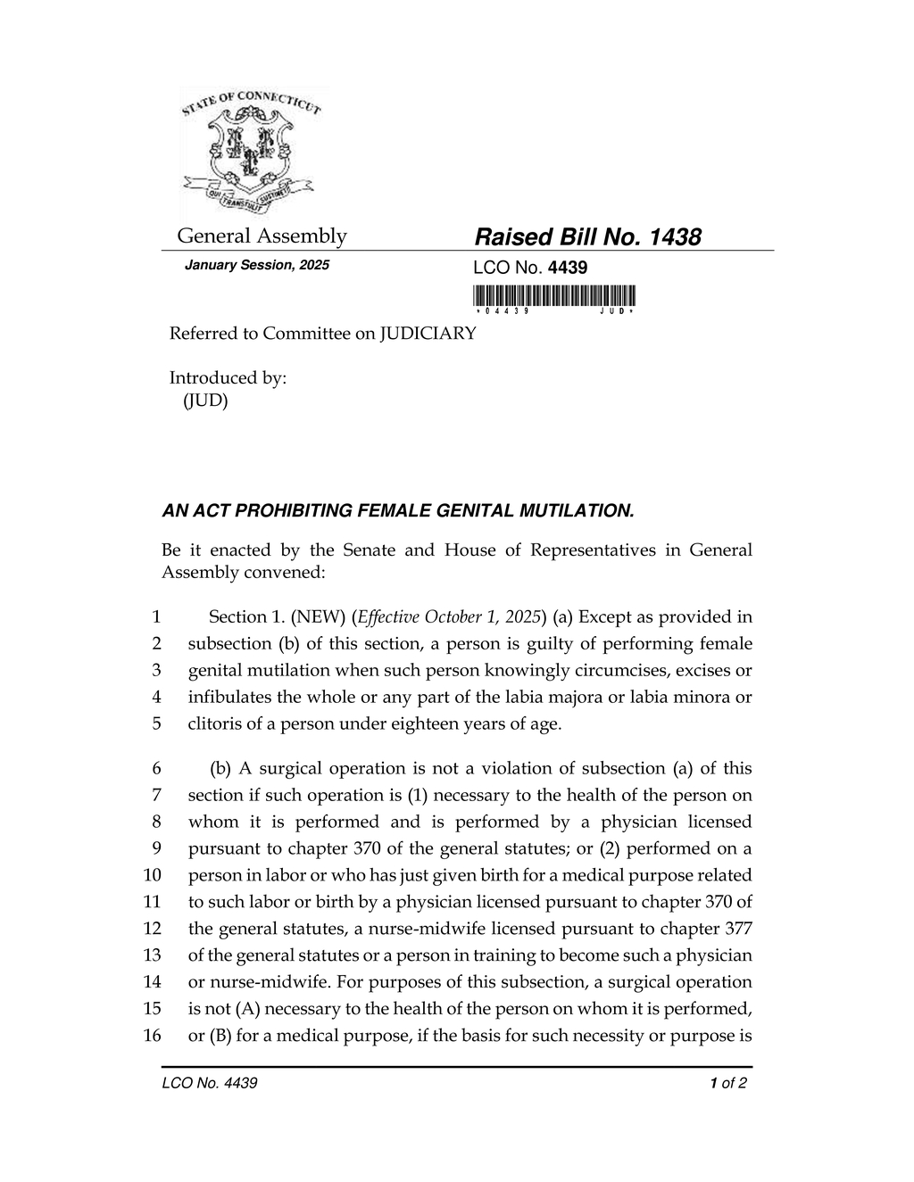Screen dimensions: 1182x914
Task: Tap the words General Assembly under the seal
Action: pos(262,236)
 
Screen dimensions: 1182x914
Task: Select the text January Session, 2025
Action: pos(256,266)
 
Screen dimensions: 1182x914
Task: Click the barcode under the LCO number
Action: pos(554,295)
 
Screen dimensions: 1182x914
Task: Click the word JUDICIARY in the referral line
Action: pos(428,334)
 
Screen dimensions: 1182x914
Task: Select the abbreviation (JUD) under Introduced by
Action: pos(206,401)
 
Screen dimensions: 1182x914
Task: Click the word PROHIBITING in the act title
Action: pos(292,511)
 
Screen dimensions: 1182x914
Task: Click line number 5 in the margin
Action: pos(156,723)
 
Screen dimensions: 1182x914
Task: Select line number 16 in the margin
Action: pos(153,1036)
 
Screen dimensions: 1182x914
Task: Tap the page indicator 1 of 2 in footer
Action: pos(728,1084)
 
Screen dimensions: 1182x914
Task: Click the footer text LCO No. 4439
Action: pos(210,1084)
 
